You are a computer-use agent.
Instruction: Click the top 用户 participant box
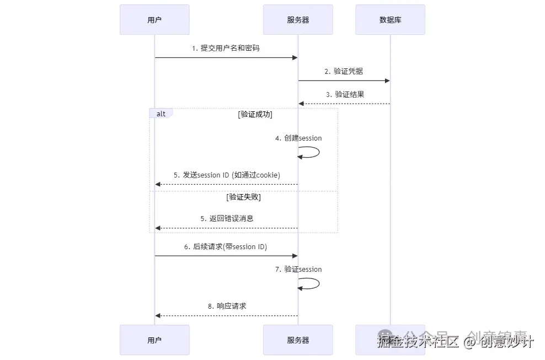tap(154, 20)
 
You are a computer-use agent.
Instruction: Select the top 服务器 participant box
tap(298, 20)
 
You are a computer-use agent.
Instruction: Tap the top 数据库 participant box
tap(390, 20)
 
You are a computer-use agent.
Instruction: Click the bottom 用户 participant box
tap(154, 340)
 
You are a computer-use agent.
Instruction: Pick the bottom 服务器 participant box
tap(298, 340)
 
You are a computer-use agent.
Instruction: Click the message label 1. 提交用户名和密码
tap(226, 49)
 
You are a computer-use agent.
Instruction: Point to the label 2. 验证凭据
tap(344, 71)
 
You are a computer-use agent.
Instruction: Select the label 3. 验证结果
tap(345, 94)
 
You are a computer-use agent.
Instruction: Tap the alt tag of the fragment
tap(161, 114)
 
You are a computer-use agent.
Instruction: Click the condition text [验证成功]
tap(255, 115)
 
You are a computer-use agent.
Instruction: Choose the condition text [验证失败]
tap(243, 197)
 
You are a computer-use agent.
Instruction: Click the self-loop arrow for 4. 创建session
tap(312, 152)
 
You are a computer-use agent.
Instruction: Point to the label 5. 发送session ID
tap(227, 175)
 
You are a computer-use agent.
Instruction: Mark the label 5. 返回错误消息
tap(227, 218)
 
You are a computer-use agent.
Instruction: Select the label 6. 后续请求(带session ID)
tap(226, 247)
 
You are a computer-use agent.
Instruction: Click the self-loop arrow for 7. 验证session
tap(312, 283)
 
